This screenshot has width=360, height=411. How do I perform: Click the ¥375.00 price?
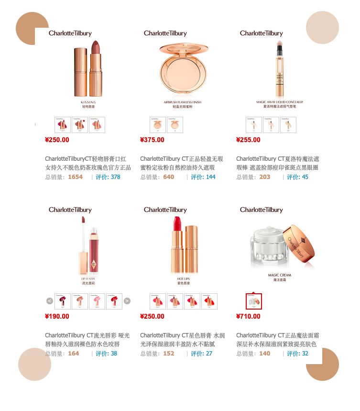point(152,140)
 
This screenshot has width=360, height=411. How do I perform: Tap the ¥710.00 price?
point(248,316)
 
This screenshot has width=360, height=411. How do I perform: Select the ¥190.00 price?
point(57,316)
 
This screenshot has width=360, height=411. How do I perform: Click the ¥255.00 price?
point(248,140)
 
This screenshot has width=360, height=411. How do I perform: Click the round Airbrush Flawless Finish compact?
point(184,70)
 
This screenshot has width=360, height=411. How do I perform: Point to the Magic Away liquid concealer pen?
point(279,69)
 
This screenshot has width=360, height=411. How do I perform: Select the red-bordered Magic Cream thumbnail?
point(253,301)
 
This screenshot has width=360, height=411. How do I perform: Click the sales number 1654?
point(75,177)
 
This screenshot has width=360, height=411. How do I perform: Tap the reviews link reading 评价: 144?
point(203,177)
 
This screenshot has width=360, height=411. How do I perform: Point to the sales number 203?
point(265,177)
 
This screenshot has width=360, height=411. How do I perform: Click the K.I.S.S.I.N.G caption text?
point(88,102)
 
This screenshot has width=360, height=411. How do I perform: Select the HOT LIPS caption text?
point(184,278)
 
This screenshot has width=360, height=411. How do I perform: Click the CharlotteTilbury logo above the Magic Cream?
point(262,210)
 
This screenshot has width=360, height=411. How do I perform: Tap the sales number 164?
point(74,354)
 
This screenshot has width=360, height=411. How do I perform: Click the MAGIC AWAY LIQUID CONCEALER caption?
point(279,102)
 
